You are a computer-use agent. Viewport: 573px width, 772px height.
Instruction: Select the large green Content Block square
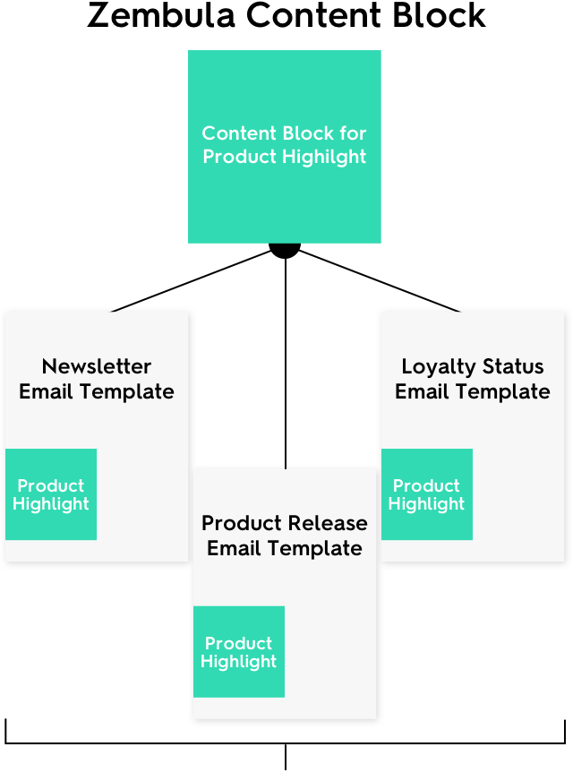(x=285, y=147)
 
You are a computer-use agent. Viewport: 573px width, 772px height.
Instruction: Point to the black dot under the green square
(x=285, y=250)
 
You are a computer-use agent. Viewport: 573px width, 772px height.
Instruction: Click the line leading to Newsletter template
(x=192, y=280)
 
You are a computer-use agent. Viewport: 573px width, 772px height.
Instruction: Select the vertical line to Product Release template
(x=286, y=364)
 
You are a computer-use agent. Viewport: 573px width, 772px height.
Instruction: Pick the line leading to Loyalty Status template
(x=380, y=280)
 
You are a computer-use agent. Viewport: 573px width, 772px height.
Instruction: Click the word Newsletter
(x=97, y=366)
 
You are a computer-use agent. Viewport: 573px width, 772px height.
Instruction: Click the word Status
(x=513, y=366)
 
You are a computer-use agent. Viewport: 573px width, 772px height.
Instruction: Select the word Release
(x=329, y=523)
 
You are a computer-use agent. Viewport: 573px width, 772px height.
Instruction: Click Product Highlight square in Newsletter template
(x=51, y=494)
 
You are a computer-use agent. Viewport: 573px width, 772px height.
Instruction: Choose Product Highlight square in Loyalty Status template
(x=427, y=494)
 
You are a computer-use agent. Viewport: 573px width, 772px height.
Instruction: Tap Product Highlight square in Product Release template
(x=239, y=652)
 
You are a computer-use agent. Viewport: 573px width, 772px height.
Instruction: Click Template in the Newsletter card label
(x=127, y=392)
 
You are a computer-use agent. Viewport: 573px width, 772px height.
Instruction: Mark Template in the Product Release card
(x=315, y=549)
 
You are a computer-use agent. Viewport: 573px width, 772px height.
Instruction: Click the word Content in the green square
(x=240, y=133)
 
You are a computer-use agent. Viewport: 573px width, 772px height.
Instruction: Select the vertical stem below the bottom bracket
(x=286, y=758)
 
